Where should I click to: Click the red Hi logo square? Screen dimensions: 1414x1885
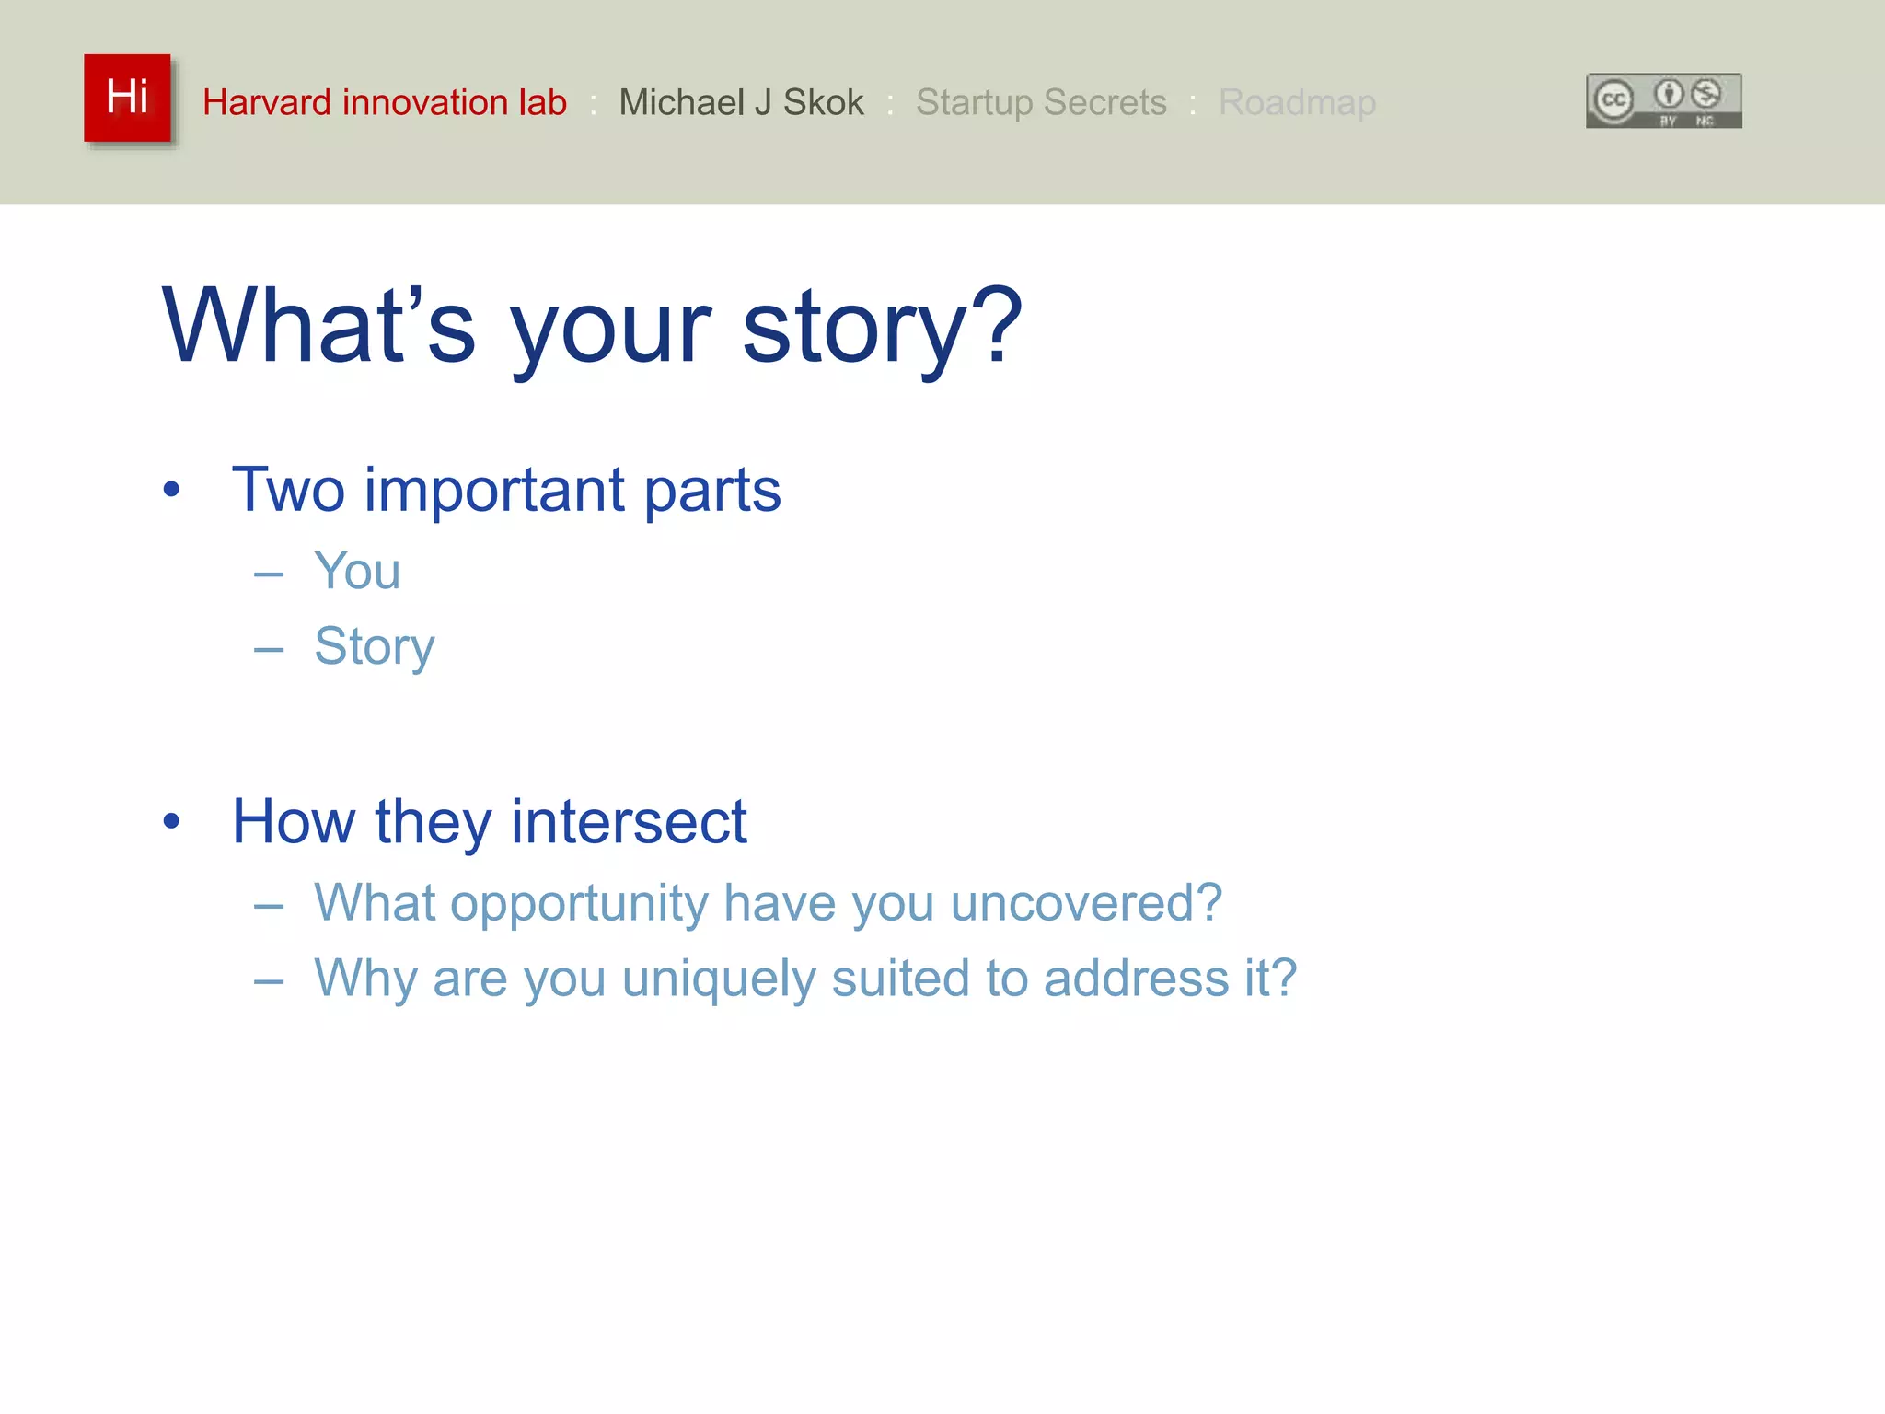(x=127, y=98)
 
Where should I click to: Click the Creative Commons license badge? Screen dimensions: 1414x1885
(x=1663, y=100)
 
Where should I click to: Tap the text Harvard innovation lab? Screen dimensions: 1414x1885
(x=385, y=102)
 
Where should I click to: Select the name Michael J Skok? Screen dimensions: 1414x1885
(x=741, y=102)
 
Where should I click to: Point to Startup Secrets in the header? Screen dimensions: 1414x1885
(x=1041, y=102)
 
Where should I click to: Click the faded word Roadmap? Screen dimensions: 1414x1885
(x=1297, y=102)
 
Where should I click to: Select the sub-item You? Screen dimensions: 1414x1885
(x=357, y=571)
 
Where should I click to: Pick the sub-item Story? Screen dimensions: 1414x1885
(x=374, y=646)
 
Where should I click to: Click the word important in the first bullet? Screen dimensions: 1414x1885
(x=495, y=490)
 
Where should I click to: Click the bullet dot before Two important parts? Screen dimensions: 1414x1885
(x=171, y=489)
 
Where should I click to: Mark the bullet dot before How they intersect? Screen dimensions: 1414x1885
(x=171, y=820)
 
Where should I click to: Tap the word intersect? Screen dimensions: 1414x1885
(x=629, y=821)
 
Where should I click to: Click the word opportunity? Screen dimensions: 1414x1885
(x=579, y=904)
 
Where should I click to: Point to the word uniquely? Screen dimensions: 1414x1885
(x=719, y=979)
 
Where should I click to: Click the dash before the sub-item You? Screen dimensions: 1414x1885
(x=269, y=575)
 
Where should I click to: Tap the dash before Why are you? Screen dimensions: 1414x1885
(x=269, y=982)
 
